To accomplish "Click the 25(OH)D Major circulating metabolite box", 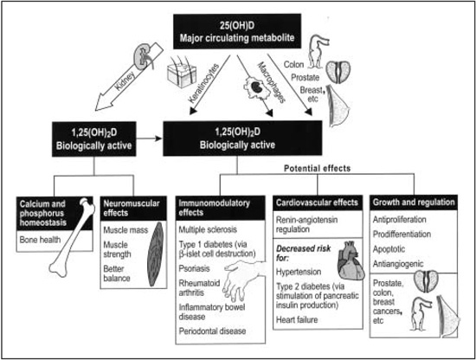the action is click(237, 31).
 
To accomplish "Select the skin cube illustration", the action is click(182, 72).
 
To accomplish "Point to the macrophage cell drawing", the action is click(256, 87).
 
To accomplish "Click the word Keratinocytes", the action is click(203, 83).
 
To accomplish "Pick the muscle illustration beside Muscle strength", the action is click(155, 254).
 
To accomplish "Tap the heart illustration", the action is click(351, 260).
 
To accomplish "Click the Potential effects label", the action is click(318, 168).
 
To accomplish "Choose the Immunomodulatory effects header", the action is click(221, 208).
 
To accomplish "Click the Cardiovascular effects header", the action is click(318, 202).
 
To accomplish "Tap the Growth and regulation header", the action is click(414, 202).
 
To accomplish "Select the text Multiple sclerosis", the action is click(208, 229).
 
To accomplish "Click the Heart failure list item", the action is click(297, 319).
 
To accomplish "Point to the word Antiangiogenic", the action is click(398, 264).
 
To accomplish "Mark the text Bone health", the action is click(40, 240).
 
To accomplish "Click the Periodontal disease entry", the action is click(212, 331).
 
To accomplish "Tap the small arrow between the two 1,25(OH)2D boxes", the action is click(149, 138).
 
